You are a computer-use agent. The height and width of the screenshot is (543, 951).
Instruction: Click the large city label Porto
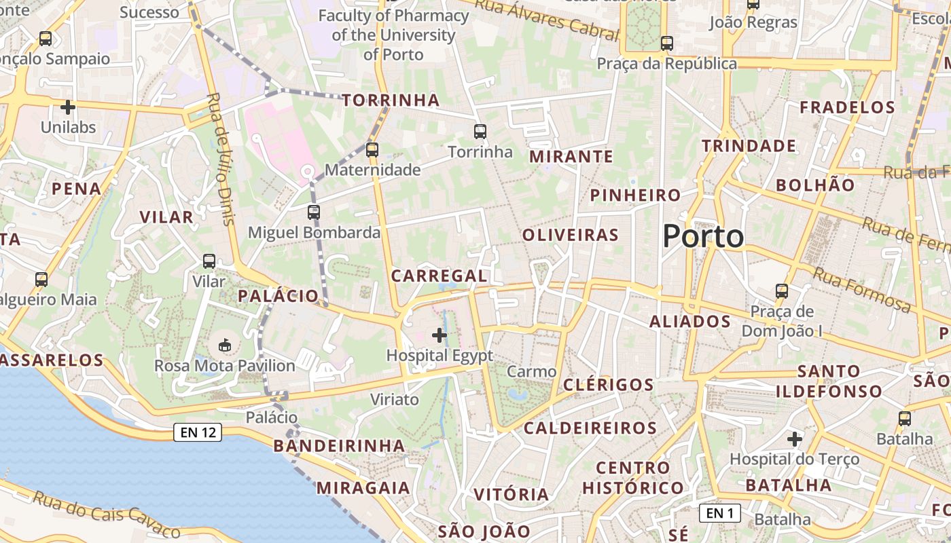(x=703, y=236)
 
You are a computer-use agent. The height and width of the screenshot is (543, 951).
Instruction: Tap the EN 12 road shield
(x=198, y=432)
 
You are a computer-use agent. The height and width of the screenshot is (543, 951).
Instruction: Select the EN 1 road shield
(x=719, y=513)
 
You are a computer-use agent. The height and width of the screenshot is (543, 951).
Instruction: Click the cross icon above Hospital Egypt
(x=439, y=335)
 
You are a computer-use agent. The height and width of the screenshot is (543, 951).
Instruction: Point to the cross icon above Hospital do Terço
(x=795, y=439)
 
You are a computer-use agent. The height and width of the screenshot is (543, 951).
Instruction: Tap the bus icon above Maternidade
(x=372, y=149)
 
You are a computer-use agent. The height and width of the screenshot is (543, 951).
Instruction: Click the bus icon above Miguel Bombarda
(x=313, y=212)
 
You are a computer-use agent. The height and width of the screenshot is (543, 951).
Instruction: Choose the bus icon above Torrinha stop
(x=480, y=132)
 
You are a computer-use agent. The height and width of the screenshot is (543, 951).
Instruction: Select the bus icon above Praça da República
(x=666, y=43)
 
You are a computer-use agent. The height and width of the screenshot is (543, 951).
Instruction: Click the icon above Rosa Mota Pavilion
(x=225, y=345)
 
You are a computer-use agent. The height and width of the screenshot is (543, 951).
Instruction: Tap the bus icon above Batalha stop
(x=904, y=418)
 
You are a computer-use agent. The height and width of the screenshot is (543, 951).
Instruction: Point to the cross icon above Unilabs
(x=68, y=107)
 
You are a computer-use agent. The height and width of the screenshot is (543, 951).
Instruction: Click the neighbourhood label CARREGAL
(x=439, y=276)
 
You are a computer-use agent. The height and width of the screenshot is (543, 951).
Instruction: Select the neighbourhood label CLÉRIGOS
(x=608, y=385)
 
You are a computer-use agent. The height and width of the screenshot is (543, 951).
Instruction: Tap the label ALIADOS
(x=689, y=322)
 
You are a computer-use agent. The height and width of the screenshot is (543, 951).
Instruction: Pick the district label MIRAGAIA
(x=363, y=488)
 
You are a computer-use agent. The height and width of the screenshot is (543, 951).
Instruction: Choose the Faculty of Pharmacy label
(x=393, y=35)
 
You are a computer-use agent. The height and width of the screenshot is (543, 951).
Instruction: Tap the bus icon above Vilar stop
(x=209, y=261)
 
